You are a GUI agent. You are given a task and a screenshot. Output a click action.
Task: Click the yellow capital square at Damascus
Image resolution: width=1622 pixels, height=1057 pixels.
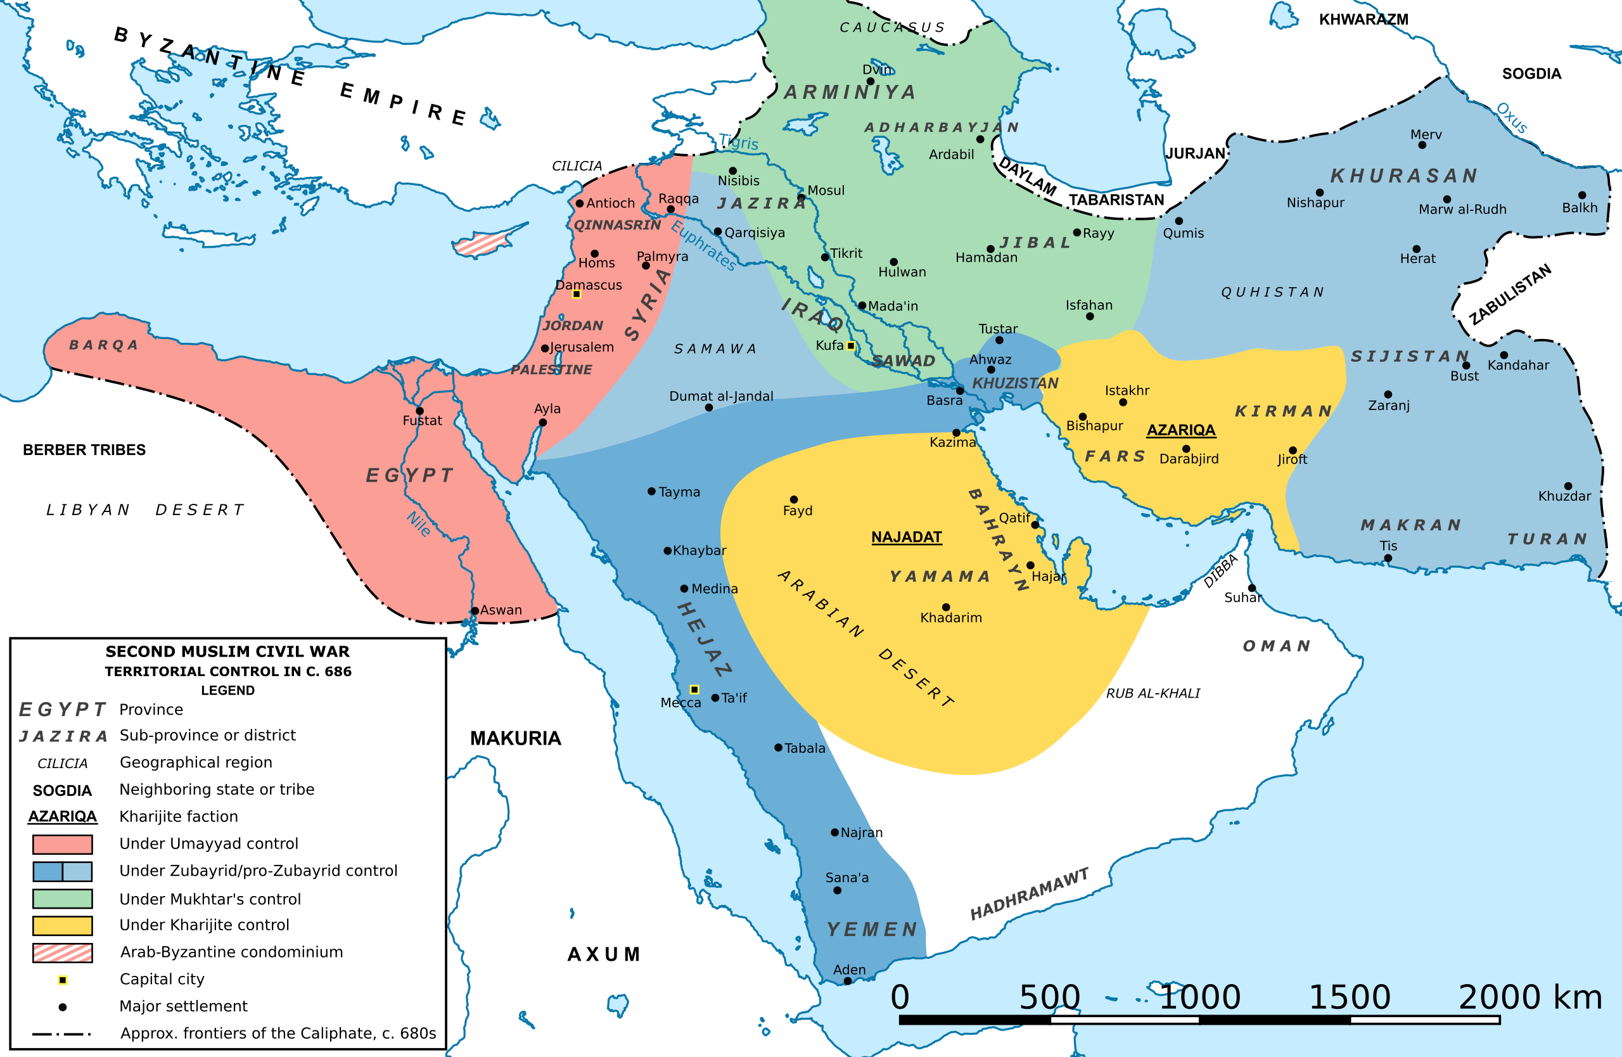tap(576, 295)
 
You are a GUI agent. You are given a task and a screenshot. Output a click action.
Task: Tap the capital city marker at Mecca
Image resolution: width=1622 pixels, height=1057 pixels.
tap(694, 689)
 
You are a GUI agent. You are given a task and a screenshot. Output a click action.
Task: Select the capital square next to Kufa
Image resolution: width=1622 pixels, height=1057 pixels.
tap(850, 345)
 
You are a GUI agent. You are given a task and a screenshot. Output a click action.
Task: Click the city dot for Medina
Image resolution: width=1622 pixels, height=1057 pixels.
tap(684, 589)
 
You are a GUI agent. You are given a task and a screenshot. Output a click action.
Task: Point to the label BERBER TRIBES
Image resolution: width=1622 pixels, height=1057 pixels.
tap(84, 450)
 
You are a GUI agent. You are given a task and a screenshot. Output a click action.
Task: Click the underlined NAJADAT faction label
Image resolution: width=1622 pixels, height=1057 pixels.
tap(906, 537)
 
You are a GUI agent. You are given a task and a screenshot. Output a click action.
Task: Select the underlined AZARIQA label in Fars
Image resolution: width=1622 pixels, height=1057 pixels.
tap(1180, 430)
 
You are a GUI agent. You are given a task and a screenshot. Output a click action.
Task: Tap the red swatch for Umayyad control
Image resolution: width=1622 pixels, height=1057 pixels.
tap(63, 844)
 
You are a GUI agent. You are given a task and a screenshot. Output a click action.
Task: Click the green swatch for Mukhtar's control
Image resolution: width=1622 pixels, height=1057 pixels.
tap(63, 899)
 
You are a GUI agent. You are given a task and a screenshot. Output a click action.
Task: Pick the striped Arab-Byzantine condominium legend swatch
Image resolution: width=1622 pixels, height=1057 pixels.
tap(63, 952)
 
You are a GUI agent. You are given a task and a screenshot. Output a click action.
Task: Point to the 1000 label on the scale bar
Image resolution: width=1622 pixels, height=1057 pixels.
tap(1199, 997)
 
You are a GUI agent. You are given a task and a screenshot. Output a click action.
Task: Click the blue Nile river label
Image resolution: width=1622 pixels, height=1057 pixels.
tap(418, 523)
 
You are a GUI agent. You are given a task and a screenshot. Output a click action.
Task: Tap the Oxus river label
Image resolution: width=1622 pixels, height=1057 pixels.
tap(1512, 118)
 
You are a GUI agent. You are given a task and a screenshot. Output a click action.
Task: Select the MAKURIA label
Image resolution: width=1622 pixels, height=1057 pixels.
tap(515, 738)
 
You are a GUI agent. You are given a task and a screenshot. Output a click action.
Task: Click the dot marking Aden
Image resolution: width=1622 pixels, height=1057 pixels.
tap(848, 982)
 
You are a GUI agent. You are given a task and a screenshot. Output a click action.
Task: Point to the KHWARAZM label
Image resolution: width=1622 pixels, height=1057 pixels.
tap(1363, 19)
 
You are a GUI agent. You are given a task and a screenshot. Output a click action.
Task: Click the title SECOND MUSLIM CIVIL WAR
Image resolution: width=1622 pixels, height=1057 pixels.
tap(227, 651)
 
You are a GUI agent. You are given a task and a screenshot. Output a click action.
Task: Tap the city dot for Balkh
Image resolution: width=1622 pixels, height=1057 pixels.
tap(1582, 196)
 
